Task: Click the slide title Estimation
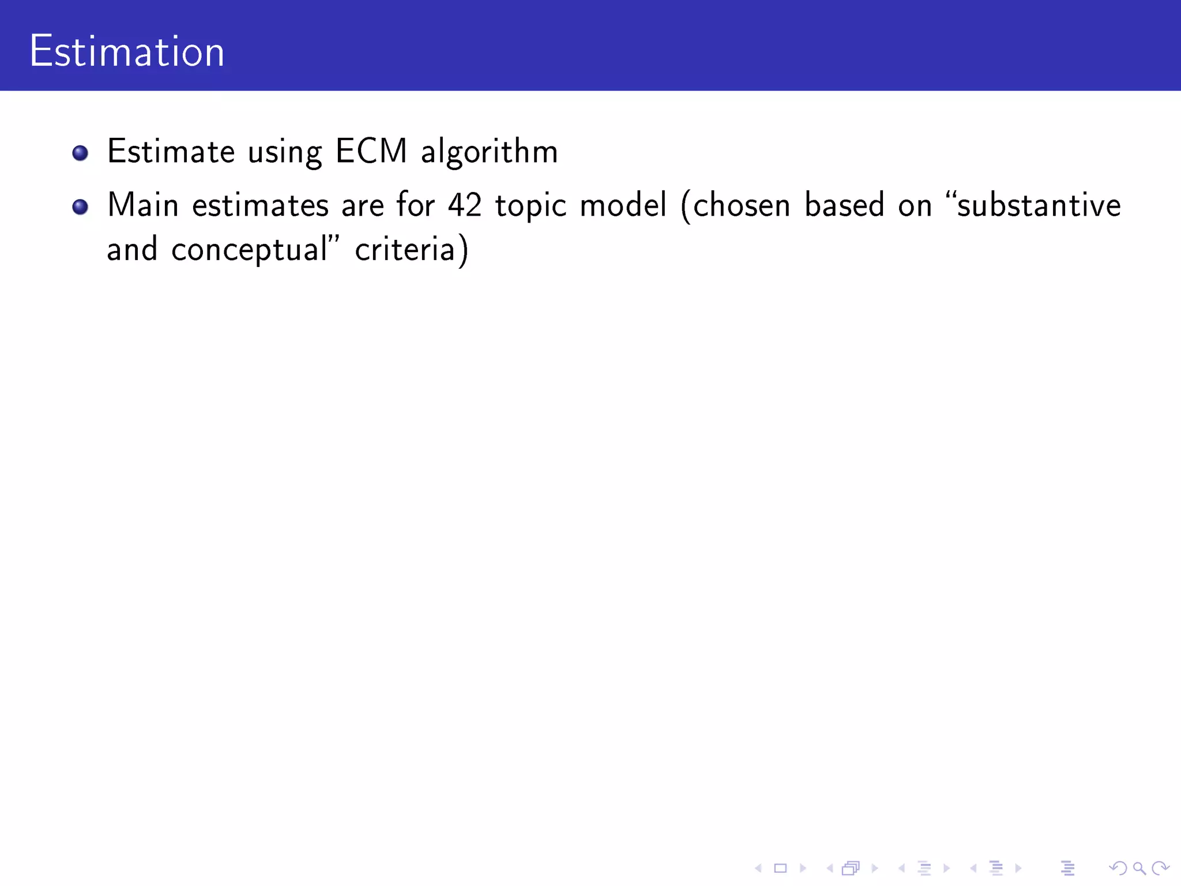126,52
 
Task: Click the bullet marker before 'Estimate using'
80,153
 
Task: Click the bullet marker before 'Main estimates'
80,207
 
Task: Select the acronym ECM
371,151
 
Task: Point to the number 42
465,205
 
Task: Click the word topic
531,207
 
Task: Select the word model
623,205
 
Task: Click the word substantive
1038,205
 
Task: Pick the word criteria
405,250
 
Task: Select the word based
844,205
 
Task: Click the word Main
142,205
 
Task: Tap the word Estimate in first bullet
171,151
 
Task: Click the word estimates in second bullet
259,205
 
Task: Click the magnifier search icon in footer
1139,868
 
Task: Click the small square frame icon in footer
780,868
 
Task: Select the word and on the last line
132,250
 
